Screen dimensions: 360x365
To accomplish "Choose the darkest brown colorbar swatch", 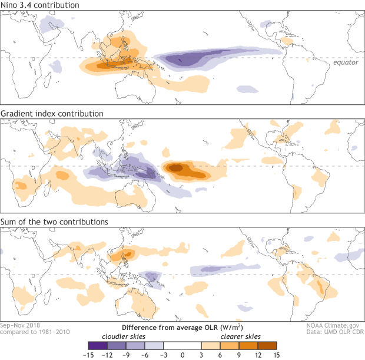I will tap(267, 346).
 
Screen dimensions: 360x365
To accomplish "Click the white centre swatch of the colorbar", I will tap(182, 346).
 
